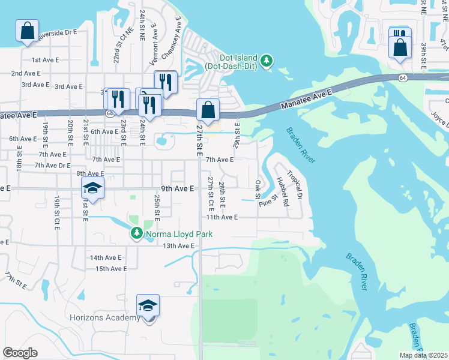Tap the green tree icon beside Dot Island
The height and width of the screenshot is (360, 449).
point(268,61)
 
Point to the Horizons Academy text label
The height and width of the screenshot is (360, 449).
point(104,317)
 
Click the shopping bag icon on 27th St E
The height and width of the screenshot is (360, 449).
point(207,110)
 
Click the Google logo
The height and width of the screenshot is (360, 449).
point(20,353)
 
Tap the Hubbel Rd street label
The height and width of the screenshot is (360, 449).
point(282,191)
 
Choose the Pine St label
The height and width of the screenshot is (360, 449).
point(267,200)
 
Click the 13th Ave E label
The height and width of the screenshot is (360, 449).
point(179,246)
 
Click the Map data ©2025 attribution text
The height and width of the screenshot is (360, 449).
point(423,355)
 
